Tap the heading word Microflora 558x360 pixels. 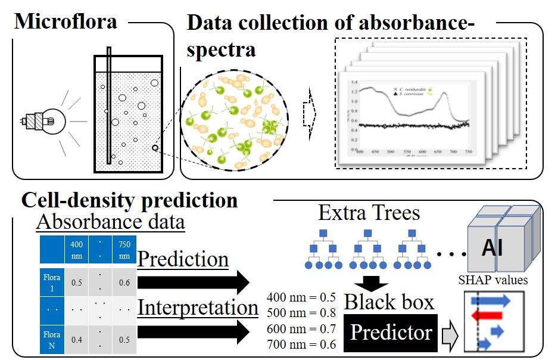tap(66, 23)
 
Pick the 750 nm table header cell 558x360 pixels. tap(124, 250)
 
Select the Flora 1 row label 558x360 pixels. tap(51, 283)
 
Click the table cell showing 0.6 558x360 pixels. tap(124, 283)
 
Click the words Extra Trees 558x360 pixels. tap(369, 212)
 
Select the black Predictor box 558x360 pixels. tap(391, 332)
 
